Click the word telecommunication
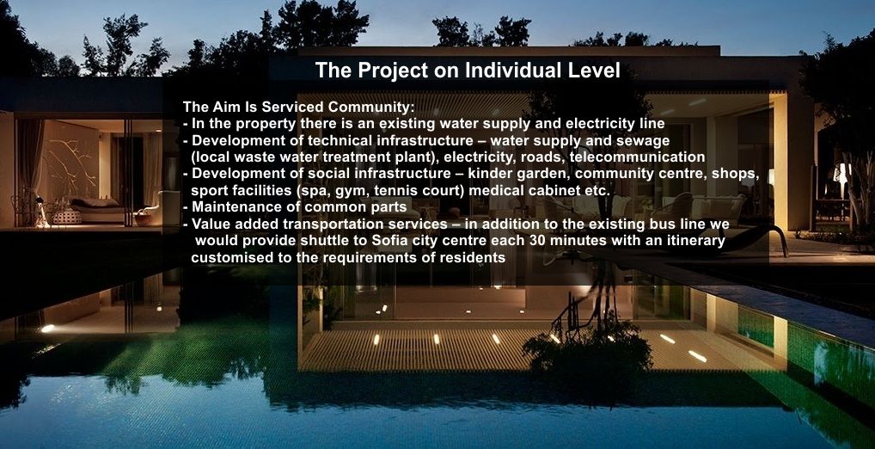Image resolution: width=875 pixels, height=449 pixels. point(637,157)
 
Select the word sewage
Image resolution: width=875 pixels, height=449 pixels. point(646,141)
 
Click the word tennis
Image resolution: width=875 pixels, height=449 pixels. point(394,190)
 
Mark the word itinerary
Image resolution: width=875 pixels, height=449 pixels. point(696,242)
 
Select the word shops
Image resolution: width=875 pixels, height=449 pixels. point(735,175)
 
